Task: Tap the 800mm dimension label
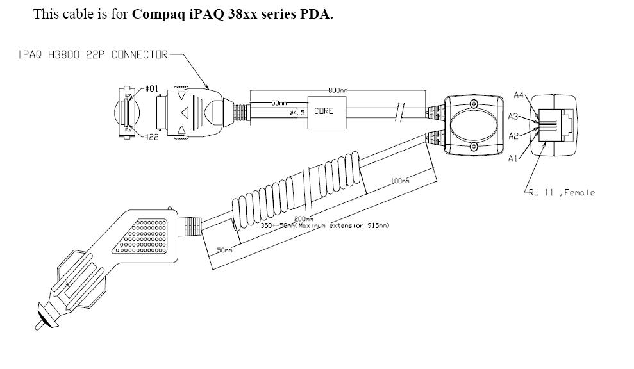pos(338,90)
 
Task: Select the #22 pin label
pos(151,136)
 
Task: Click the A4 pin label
pos(520,95)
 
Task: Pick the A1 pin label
pos(513,159)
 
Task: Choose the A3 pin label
pos(513,116)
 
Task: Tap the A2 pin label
pos(513,136)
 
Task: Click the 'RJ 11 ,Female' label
pos(562,192)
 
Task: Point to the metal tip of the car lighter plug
pos(40,322)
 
